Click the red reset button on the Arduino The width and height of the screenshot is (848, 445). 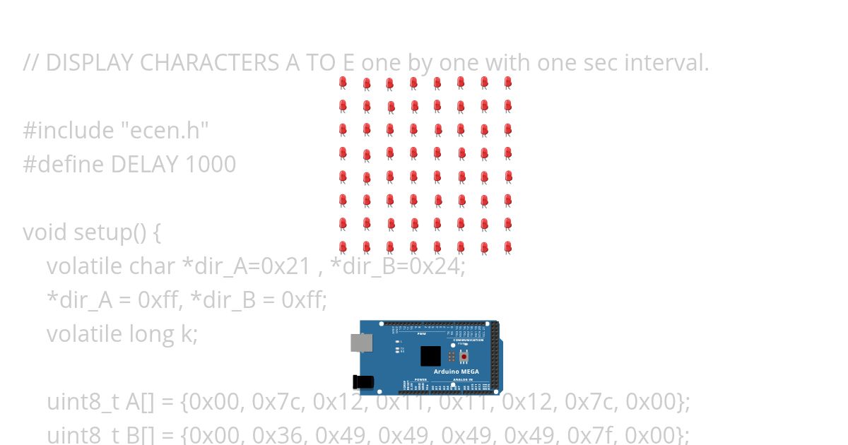pyautogui.click(x=464, y=356)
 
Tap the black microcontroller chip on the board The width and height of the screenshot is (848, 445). pyautogui.click(x=430, y=355)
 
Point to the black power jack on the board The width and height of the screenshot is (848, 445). pyautogui.click(x=363, y=382)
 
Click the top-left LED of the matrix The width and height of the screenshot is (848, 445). pyautogui.click(x=343, y=83)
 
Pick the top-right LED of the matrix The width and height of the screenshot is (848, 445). pyautogui.click(x=507, y=83)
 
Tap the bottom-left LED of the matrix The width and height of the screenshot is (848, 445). pyautogui.click(x=343, y=247)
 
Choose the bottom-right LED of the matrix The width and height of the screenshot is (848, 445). pyautogui.click(x=507, y=247)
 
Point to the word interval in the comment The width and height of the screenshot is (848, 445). pyautogui.click(x=668, y=63)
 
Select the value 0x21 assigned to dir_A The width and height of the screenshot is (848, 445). pyautogui.click(x=285, y=266)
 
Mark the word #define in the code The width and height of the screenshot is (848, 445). pyautogui.click(x=63, y=165)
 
